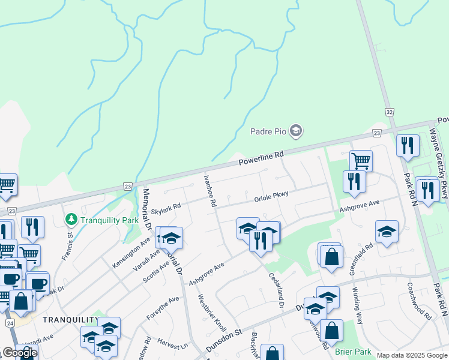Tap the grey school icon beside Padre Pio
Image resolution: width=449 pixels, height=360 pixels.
pos(295,130)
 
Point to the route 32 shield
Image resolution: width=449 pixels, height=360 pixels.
pos(390,112)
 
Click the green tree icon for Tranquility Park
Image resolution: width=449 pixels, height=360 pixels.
pos(71,220)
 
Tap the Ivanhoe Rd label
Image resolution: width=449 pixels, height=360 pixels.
pos(209,191)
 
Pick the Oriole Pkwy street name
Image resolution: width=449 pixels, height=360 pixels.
pos(271,196)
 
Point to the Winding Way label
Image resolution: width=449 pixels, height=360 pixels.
pos(357,305)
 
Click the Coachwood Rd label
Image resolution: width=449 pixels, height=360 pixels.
pos(418,301)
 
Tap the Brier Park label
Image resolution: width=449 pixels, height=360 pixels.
pos(353,352)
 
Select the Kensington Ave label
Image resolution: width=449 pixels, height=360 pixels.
pos(131,255)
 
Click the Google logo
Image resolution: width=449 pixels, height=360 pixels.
pos(20,352)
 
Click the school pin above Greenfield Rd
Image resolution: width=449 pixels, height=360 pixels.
pos(387,232)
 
